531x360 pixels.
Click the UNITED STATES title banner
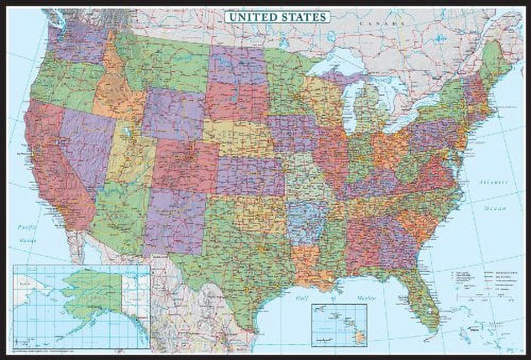click(277, 17)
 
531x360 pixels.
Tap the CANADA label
click(379, 23)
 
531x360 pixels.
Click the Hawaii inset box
click(339, 325)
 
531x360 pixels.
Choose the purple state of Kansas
click(250, 175)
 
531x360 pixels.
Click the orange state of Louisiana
click(308, 263)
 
